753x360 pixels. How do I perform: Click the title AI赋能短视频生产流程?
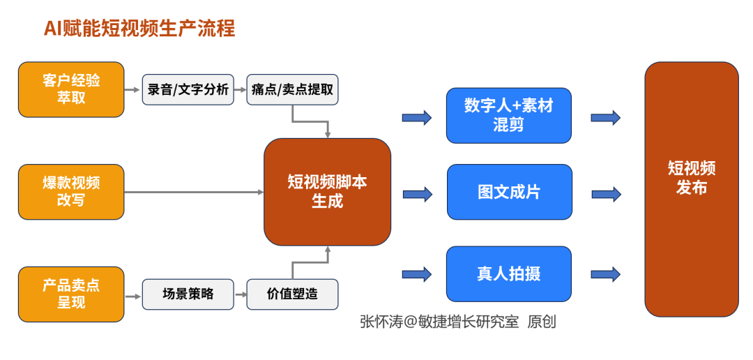tap(139, 29)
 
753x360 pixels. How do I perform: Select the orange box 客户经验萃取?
tap(71, 89)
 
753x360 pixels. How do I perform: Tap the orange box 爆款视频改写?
tap(71, 192)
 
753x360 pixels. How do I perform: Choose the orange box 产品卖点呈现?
tap(71, 294)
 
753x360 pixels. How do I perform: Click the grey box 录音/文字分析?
tap(188, 89)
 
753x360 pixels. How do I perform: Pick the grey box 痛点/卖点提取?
tap(292, 89)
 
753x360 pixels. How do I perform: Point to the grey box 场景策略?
tap(188, 294)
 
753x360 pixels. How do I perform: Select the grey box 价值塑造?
tap(292, 294)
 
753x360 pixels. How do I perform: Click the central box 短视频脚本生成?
tap(328, 192)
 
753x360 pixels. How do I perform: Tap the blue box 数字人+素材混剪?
tap(509, 115)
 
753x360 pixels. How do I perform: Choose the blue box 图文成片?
tap(510, 192)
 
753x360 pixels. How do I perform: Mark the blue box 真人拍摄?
tap(509, 274)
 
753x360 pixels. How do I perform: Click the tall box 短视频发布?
tap(692, 189)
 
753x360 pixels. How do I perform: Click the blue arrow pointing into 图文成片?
tap(418, 194)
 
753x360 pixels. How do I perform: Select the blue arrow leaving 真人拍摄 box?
tap(606, 274)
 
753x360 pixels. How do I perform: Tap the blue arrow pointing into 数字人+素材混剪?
tap(417, 117)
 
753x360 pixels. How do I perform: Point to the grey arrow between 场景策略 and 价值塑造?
tap(240, 294)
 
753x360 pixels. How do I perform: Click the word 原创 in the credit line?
tap(542, 322)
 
